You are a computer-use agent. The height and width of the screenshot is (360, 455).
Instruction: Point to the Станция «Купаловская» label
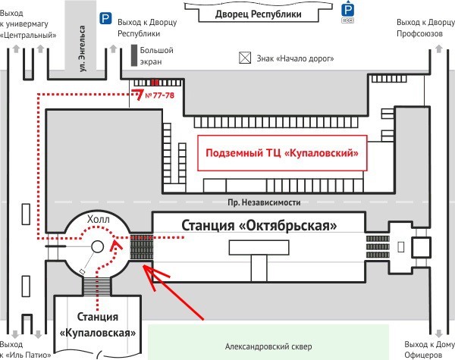99,324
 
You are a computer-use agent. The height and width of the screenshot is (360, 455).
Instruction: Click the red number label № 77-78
159,95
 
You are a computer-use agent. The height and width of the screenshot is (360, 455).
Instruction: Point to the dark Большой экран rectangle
133,55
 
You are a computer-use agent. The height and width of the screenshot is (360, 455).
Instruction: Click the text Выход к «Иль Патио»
27,349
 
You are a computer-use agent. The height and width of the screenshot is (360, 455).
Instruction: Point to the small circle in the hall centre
97,246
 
